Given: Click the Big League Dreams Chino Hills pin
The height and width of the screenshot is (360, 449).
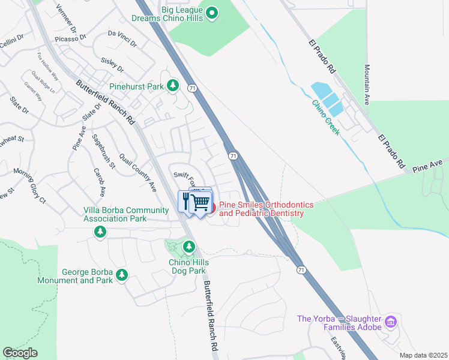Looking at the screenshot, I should pos(211,13).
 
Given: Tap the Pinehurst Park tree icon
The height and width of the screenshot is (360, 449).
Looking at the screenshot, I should pos(173,86).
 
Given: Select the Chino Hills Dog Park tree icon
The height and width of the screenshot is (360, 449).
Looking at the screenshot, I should pos(189,247).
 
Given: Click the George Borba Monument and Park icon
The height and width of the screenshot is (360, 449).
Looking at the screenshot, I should pos(122,275).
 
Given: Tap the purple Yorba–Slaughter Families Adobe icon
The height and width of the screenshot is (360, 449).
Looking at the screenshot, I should pos(391,322).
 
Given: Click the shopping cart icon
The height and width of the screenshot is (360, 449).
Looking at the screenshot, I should pos(201,202).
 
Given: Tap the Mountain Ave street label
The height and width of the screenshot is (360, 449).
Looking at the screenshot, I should pos(367,85).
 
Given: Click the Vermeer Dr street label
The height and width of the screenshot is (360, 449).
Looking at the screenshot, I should pos(66,19).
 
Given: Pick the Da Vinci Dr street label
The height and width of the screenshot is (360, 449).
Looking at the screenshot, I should pos(122,39).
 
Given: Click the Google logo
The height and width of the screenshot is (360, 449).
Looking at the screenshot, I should pos(20,353).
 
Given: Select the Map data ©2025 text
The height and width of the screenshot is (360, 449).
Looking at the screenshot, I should pos(423,355).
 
